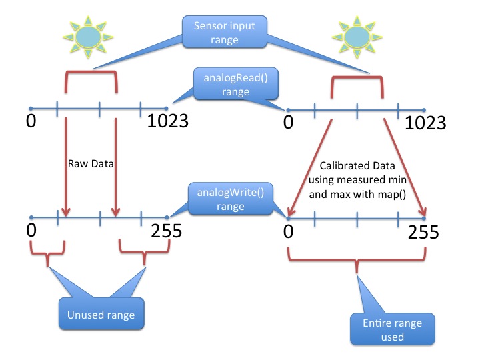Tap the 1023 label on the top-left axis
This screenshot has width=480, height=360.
point(165,122)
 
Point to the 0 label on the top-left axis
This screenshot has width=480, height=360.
point(31,122)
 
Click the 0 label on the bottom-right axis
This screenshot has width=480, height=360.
point(288,232)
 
